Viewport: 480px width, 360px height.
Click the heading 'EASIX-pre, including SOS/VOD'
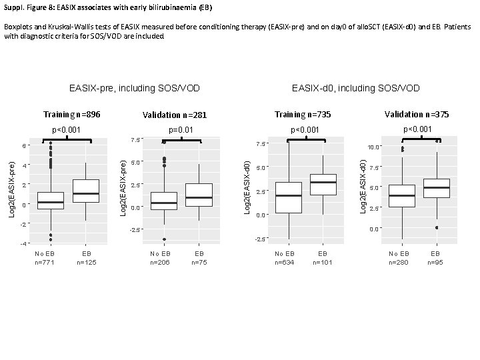[x=135, y=88]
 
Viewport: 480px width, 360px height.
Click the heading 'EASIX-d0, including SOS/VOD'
[x=356, y=88]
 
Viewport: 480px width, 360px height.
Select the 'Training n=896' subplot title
[x=71, y=115]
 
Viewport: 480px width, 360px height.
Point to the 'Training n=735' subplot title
[x=303, y=115]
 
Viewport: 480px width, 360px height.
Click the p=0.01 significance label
[x=181, y=130]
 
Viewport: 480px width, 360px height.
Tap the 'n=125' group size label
[x=87, y=263]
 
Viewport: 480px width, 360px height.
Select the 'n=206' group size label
[x=161, y=263]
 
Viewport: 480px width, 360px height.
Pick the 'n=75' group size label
[x=199, y=263]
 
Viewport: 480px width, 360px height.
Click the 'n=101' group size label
[x=323, y=263]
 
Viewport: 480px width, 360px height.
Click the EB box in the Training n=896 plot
[x=86, y=191]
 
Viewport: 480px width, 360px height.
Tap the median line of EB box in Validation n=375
[x=436, y=187]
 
